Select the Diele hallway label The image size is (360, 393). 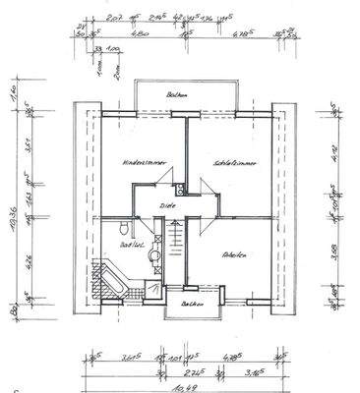click(166, 206)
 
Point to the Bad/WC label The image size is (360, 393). click(125, 244)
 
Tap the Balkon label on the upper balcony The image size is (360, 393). click(177, 95)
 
